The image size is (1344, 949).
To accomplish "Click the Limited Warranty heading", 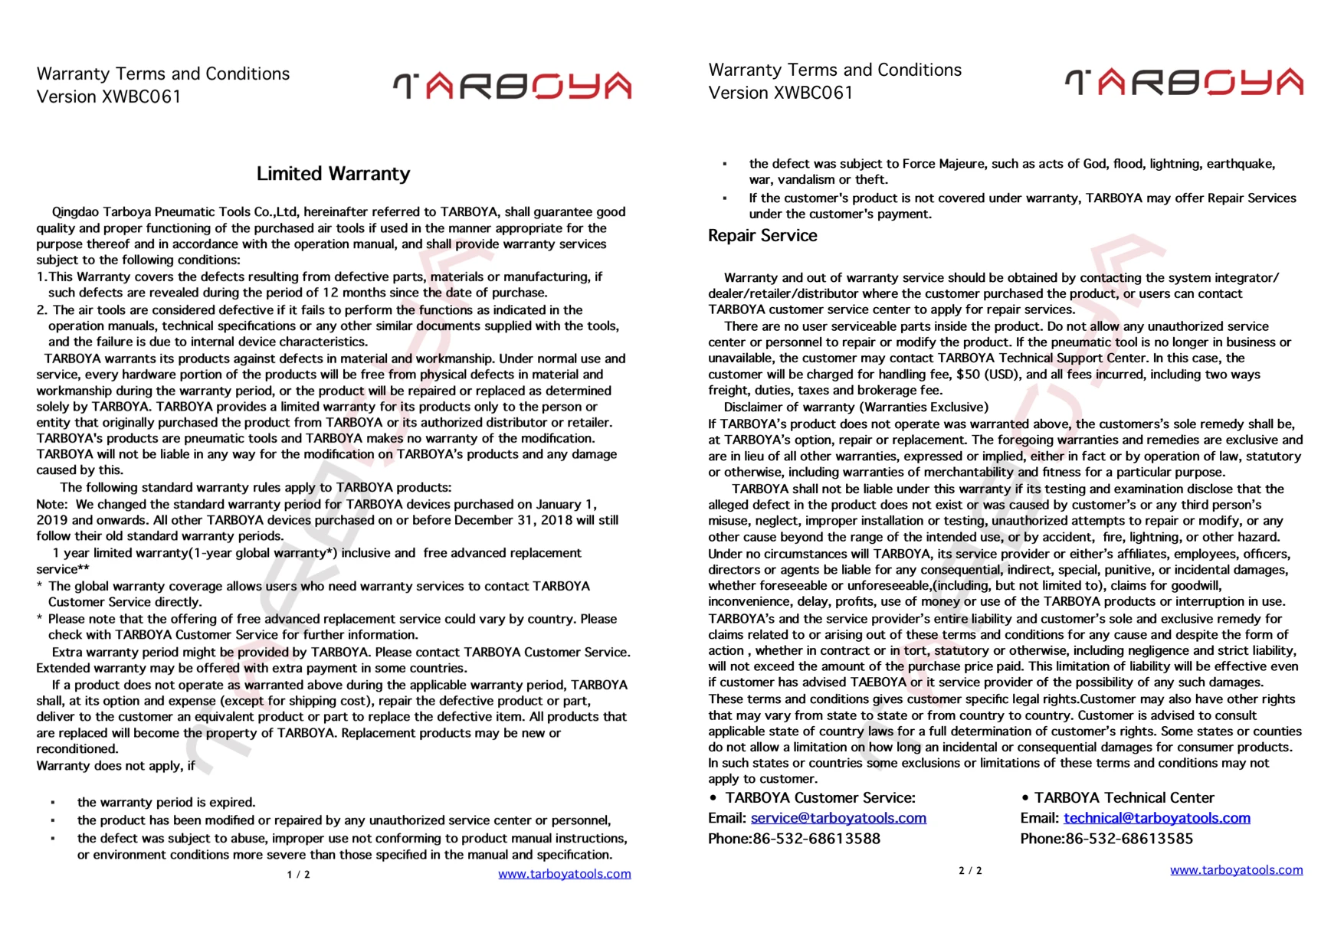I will [333, 174].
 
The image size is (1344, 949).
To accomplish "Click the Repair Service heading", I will [762, 236].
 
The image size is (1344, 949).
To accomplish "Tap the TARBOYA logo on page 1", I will [512, 86].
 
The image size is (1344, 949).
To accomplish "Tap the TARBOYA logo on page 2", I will [1184, 82].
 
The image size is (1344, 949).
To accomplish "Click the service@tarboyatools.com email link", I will [838, 818].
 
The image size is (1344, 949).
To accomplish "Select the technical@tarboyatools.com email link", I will [1156, 818].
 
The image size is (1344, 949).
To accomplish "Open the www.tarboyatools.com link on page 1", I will [564, 874].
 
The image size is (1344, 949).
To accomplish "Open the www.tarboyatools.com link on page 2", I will [1236, 870].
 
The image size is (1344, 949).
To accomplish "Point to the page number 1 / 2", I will [298, 875].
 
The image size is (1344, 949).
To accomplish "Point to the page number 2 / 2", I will [970, 871].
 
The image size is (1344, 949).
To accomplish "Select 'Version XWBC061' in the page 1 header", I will [109, 97].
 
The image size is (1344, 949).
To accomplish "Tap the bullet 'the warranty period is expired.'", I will [166, 803].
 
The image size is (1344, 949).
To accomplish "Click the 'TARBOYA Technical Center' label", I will [1123, 797].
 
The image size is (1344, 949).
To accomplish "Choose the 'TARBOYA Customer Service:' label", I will [820, 797].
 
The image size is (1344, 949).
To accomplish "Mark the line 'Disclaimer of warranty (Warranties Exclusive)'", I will [856, 407].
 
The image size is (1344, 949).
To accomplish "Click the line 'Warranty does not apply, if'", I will [116, 766].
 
